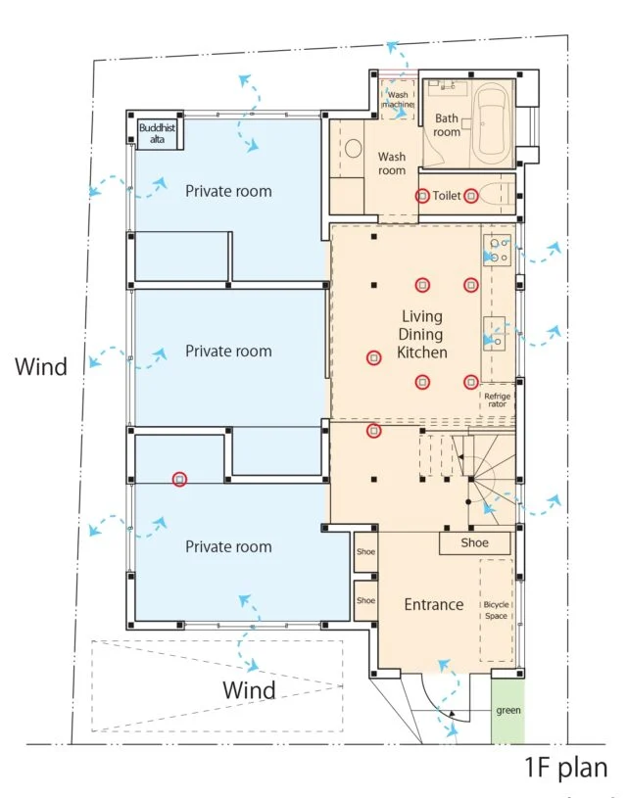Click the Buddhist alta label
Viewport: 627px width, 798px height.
pyautogui.click(x=157, y=133)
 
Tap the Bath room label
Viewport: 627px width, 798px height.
pyautogui.click(x=447, y=125)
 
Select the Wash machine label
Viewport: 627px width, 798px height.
pyautogui.click(x=398, y=99)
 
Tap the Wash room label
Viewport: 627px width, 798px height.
pyautogui.click(x=392, y=164)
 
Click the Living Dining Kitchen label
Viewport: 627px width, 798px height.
pyautogui.click(x=421, y=334)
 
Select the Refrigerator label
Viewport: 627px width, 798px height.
pyautogui.click(x=497, y=400)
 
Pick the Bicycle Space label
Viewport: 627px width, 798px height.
pyautogui.click(x=496, y=610)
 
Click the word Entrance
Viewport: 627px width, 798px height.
pyautogui.click(x=434, y=604)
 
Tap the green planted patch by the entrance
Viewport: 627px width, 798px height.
pyautogui.click(x=507, y=712)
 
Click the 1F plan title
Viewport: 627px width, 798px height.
pyautogui.click(x=566, y=767)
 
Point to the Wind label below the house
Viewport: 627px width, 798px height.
pyautogui.click(x=249, y=690)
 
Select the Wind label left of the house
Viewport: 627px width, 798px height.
pyautogui.click(x=41, y=366)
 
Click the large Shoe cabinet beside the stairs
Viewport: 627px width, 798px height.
pyautogui.click(x=475, y=543)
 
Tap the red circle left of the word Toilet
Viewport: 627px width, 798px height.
pyautogui.click(x=422, y=196)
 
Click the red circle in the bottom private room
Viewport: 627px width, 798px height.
pyautogui.click(x=179, y=479)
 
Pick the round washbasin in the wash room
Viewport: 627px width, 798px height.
pyautogui.click(x=353, y=149)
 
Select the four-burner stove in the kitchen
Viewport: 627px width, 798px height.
pyautogui.click(x=497, y=250)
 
